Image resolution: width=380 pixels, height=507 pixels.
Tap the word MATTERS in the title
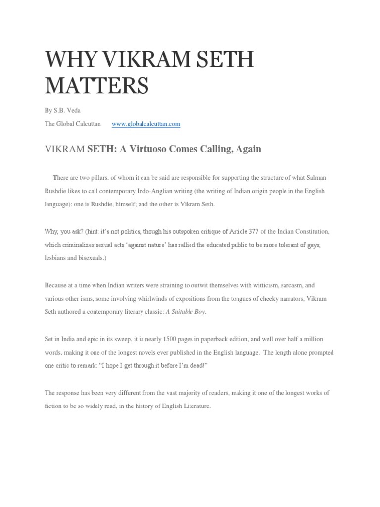point(96,86)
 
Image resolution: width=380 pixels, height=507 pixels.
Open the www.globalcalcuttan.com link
point(146,124)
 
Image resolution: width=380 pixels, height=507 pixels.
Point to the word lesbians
point(57,258)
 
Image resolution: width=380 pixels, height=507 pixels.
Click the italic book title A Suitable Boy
point(186,312)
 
